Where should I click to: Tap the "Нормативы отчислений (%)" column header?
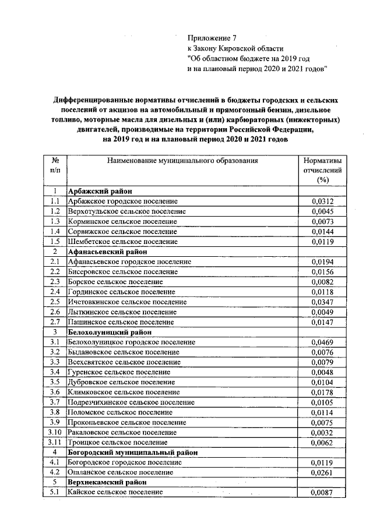tap(321, 170)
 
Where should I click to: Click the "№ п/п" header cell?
tap(54, 165)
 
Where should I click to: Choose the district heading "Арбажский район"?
tap(100, 191)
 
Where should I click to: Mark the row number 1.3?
tap(55, 221)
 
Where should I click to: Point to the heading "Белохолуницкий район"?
tap(110, 332)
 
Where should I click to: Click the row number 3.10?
tap(55, 432)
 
